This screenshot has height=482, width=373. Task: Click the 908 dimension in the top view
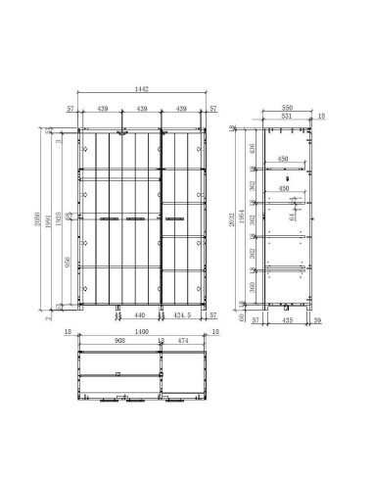(x=118, y=342)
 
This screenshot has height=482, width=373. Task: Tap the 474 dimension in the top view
(x=182, y=342)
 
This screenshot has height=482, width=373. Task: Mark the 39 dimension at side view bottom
(x=317, y=318)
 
